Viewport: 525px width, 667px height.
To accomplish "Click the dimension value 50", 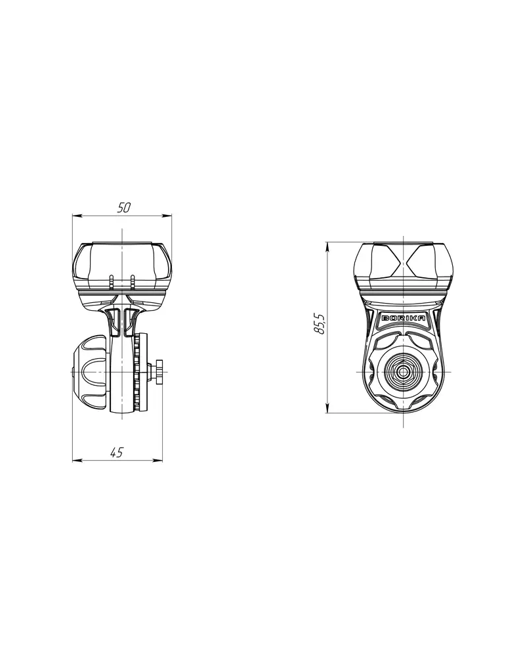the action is click(123, 208).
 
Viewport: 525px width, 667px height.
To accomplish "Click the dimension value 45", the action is click(116, 453).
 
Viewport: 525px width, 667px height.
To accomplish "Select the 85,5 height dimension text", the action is click(319, 323).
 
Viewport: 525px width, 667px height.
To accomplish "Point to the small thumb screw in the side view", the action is click(159, 371).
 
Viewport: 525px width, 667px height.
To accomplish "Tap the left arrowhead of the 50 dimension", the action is click(77, 216).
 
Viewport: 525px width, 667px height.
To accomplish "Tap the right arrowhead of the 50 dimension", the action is click(167, 216).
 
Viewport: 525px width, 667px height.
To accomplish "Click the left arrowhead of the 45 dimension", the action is click(77, 460).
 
